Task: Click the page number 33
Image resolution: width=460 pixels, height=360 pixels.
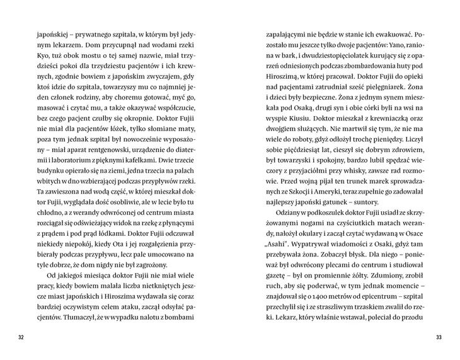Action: (x=439, y=337)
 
